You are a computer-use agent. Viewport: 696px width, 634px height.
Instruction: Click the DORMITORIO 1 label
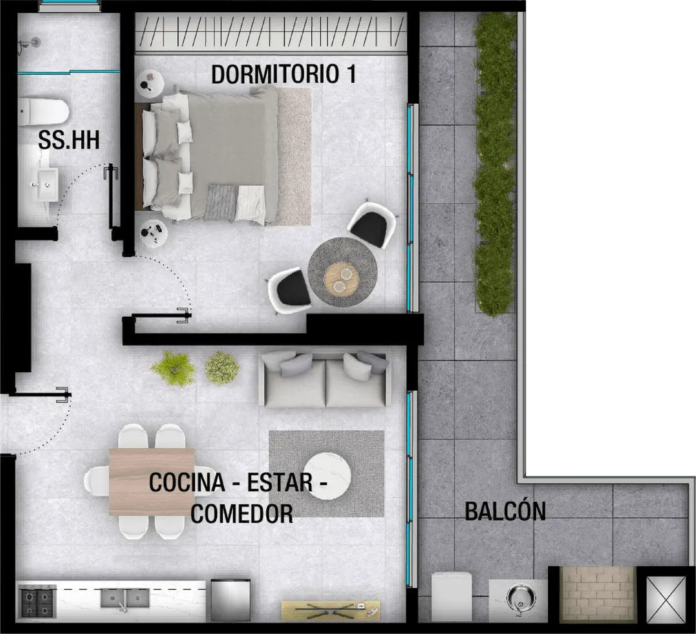[284, 74]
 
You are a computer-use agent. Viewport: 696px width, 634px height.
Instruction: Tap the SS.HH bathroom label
[68, 141]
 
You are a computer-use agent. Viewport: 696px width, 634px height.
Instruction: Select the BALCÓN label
[505, 511]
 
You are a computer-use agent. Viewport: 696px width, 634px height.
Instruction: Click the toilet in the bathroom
[44, 112]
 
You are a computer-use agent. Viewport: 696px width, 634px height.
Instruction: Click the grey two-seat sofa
[325, 379]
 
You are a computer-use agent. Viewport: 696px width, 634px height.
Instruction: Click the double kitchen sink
[124, 599]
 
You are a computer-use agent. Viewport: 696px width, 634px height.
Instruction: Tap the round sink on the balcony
[519, 598]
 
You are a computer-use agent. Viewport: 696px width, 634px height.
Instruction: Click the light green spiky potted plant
[173, 368]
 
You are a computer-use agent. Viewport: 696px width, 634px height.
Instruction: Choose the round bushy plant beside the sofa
[222, 368]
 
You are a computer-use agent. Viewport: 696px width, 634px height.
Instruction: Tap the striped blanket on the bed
[221, 203]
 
